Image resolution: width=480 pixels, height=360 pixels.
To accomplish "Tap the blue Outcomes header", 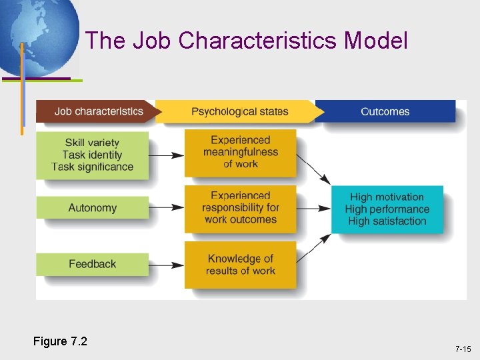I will tap(385, 111).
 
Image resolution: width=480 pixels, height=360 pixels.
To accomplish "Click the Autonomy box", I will tap(92, 208).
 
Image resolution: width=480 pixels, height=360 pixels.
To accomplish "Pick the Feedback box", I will tap(92, 264).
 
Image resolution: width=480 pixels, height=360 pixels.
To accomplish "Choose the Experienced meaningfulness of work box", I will tap(240, 152).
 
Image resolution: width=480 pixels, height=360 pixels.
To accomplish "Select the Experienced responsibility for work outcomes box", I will tap(240, 208).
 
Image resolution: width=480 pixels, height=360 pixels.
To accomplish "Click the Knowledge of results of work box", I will tap(240, 264).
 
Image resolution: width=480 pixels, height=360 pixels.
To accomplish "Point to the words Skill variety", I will tap(92, 143).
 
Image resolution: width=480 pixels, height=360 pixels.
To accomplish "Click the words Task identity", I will tap(92, 155).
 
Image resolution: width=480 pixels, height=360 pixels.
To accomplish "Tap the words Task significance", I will tap(92, 167).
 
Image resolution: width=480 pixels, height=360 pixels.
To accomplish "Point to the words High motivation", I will tap(387, 197).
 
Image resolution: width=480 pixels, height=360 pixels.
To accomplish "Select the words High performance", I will tap(387, 209).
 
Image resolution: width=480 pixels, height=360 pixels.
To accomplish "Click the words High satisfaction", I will tap(387, 221).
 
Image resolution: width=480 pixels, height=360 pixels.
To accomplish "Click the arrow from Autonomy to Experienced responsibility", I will tap(167, 208).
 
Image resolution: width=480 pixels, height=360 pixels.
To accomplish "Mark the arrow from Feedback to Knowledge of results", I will tap(167, 265).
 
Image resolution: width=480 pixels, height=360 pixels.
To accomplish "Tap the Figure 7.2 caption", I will tap(60, 342).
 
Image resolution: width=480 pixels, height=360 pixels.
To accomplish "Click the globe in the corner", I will tap(37, 33).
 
